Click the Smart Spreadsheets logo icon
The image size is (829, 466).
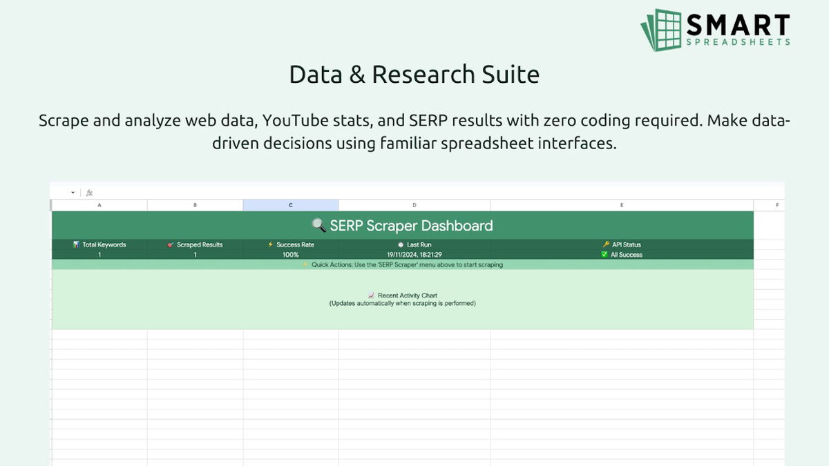(662, 30)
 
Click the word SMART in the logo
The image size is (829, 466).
(738, 26)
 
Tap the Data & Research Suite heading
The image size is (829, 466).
(414, 75)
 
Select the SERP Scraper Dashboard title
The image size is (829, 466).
(411, 225)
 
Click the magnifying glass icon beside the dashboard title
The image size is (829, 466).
(318, 225)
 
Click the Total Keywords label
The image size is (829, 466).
(104, 244)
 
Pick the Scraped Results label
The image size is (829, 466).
(200, 244)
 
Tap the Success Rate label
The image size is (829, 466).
(295, 244)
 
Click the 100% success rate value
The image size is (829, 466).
(291, 255)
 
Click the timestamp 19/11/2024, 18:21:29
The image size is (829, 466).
(414, 255)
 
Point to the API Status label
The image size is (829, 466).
(627, 244)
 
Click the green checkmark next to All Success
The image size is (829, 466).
(604, 255)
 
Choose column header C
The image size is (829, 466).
(291, 205)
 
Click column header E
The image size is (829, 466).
(622, 205)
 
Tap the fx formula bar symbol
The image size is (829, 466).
(89, 193)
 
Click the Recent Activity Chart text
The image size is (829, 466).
(407, 295)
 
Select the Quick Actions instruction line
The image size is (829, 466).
(407, 264)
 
